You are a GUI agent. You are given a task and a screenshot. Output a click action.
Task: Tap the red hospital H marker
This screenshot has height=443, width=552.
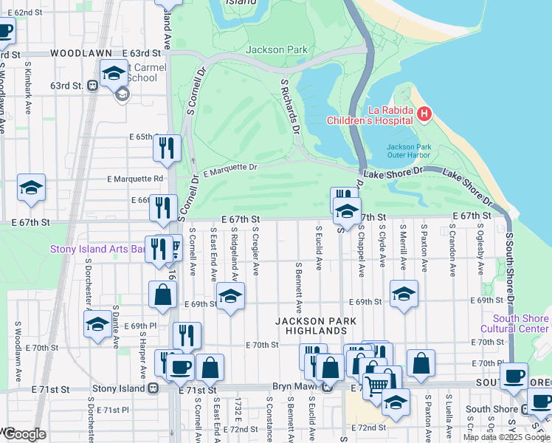[424, 114]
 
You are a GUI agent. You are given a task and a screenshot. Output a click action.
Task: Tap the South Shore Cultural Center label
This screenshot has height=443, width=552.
[514, 323]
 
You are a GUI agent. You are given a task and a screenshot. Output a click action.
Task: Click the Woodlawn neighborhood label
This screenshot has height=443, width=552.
[81, 53]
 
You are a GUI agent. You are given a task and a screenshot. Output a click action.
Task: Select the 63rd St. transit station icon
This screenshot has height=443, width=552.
[93, 86]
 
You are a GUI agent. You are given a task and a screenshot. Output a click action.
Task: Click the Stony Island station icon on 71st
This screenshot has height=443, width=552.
[153, 388]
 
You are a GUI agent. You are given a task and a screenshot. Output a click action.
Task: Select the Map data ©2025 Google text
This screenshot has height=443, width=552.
[506, 437]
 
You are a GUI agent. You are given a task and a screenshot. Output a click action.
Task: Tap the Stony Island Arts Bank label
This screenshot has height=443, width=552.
[97, 249]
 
